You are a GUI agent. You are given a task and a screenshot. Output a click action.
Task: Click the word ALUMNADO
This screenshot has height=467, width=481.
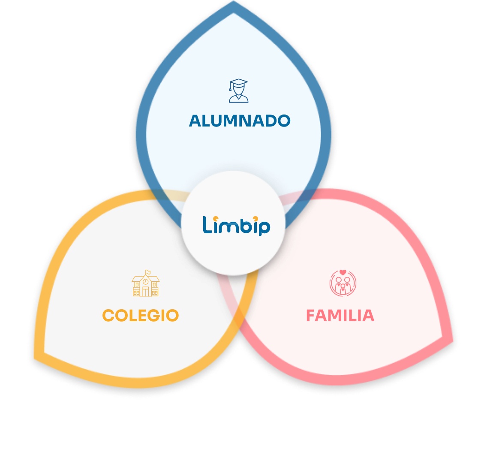coord(240,121)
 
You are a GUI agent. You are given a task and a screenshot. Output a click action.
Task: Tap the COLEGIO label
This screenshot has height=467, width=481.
coord(140,316)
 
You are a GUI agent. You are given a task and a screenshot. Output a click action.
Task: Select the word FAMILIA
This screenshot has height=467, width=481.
coord(340,316)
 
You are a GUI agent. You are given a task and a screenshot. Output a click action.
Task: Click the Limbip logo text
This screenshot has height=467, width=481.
coord(236,226)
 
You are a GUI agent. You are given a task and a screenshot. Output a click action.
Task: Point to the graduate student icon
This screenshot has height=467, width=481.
coord(238,90)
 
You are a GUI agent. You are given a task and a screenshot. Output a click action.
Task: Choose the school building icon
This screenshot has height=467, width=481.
coord(145,283)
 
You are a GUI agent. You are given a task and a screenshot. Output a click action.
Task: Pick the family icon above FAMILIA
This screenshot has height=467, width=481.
coord(343,283)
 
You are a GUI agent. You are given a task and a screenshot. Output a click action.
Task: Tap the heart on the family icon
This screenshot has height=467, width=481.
coord(343,272)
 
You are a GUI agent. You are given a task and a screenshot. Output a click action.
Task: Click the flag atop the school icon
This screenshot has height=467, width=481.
coord(148,272)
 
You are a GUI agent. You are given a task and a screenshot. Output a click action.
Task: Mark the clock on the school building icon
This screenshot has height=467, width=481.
coord(145,281)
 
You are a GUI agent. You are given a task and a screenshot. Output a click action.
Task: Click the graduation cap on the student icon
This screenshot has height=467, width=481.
coord(238,82)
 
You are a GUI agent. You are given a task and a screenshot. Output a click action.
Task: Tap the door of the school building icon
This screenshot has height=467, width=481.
coord(145,292)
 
